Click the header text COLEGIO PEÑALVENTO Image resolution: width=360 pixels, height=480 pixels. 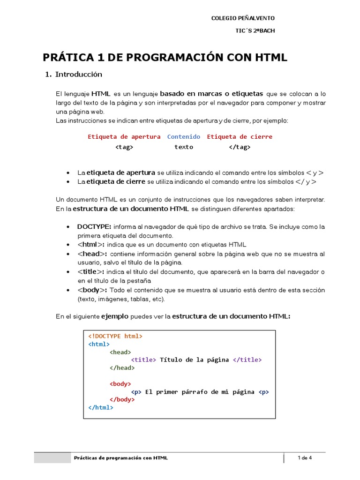(x=243, y=18)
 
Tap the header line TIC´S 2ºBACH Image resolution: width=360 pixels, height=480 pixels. (x=255, y=31)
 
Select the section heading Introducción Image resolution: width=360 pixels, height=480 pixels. (x=78, y=75)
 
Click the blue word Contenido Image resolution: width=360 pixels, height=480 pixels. (x=184, y=137)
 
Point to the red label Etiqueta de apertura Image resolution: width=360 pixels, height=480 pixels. (x=124, y=137)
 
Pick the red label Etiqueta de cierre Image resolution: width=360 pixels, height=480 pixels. (x=240, y=137)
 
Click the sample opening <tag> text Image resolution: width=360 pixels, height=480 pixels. (x=124, y=147)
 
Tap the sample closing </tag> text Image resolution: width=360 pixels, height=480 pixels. (x=240, y=147)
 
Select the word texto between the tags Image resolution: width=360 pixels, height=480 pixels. (x=184, y=147)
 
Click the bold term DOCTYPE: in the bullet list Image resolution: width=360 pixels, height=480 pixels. (x=94, y=227)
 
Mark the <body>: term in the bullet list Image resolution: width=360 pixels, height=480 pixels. (x=92, y=290)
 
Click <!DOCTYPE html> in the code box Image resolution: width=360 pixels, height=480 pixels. (x=115, y=336)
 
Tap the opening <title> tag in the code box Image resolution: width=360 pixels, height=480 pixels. (x=143, y=360)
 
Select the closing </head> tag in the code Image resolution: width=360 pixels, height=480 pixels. (x=122, y=368)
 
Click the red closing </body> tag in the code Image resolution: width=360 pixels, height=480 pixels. (x=122, y=400)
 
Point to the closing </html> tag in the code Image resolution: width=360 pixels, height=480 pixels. (x=101, y=408)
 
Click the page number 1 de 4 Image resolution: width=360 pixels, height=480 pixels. (x=305, y=458)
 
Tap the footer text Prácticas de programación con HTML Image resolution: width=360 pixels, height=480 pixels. (x=121, y=458)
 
